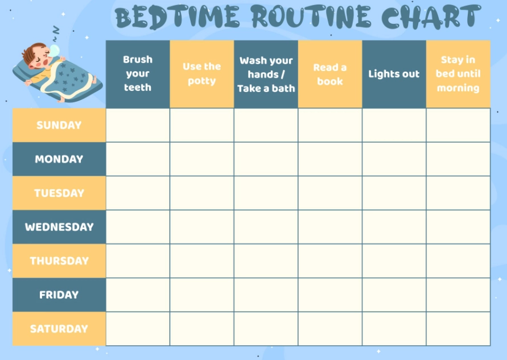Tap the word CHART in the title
[x=431, y=17]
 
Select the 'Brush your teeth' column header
[x=138, y=74]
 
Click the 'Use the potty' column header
[x=201, y=74]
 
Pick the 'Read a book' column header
[x=330, y=74]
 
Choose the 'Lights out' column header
[x=394, y=74]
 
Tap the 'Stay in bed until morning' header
[x=458, y=74]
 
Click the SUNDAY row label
[x=59, y=125]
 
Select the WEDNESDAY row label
[x=59, y=227]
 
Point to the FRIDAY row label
[x=59, y=295]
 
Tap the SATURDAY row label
[x=59, y=329]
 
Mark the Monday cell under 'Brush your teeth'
[x=138, y=159]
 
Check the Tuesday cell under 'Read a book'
[x=330, y=193]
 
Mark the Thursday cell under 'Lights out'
[x=394, y=261]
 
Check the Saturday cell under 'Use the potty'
[x=201, y=329]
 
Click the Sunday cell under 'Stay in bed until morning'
[x=458, y=125]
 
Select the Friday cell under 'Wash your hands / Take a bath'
[x=266, y=295]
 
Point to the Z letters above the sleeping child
[x=55, y=31]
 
